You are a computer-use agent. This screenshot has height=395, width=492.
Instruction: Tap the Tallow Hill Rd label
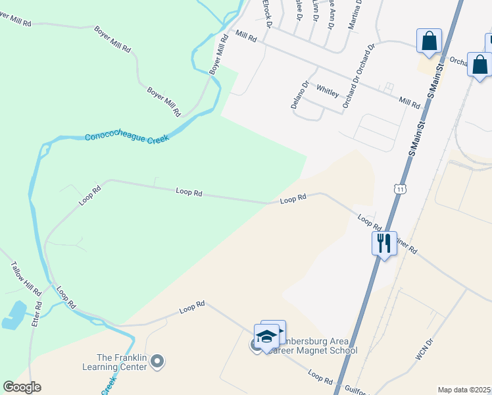pos(26,279)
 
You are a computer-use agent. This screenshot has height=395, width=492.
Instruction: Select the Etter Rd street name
pos(38,315)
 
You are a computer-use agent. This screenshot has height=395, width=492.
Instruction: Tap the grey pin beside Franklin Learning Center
pos(157,361)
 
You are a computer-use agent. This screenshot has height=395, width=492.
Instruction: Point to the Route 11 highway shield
pos(401,189)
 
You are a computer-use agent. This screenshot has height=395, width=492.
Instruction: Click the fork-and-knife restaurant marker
pos(383,243)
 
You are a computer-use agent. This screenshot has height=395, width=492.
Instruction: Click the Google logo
pos(22,387)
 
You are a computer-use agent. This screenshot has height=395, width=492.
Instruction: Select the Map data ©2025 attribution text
pos(464,390)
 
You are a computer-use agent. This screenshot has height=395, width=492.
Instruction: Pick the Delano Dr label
pos(300,95)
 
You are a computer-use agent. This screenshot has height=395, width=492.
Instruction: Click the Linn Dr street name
pos(315,11)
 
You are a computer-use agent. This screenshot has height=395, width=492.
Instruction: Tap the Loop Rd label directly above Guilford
pos(320,377)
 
